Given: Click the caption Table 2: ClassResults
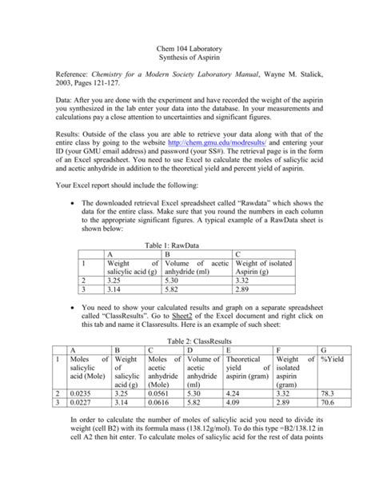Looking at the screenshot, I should (189, 361).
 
